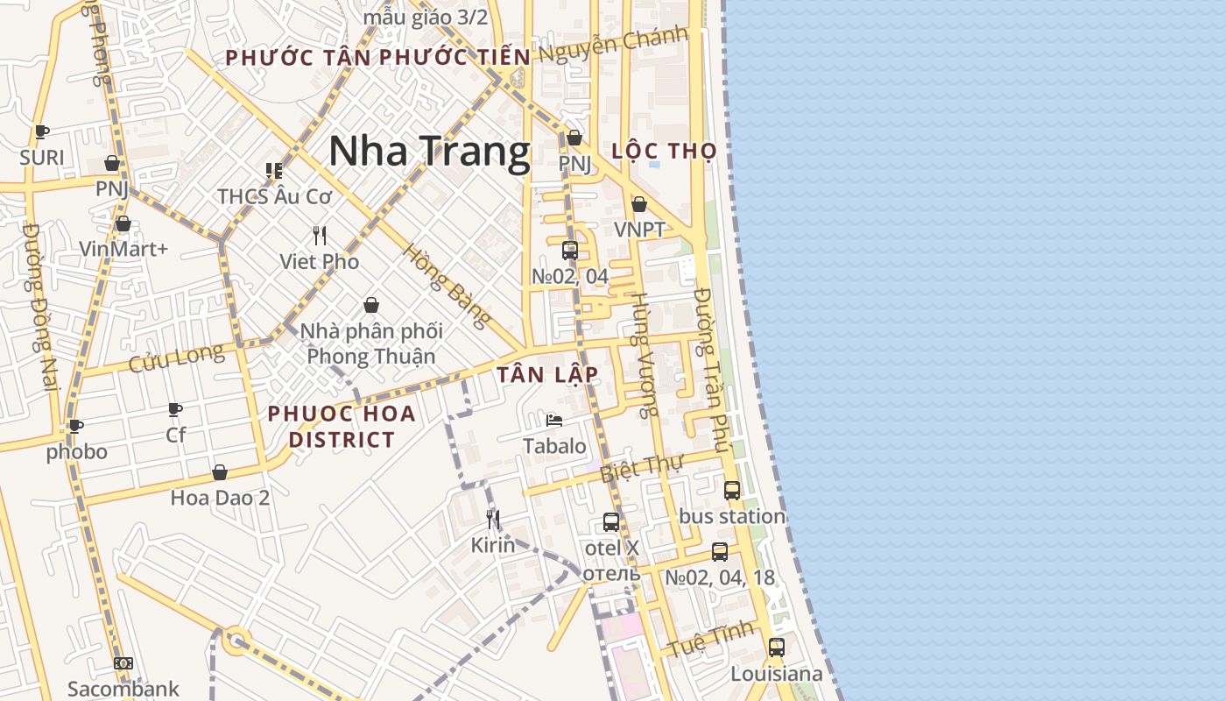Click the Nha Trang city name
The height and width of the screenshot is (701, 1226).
429,151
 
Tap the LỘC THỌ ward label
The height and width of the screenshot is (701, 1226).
664,151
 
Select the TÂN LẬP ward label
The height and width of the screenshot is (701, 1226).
548,375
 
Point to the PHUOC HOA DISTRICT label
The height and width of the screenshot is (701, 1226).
342,426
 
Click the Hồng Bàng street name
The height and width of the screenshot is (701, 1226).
446,286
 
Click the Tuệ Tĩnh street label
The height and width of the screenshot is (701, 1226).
710,640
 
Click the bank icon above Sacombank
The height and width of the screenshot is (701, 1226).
123,663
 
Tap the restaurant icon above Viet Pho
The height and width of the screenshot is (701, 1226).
320,236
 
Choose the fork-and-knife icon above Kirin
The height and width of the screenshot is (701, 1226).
493,520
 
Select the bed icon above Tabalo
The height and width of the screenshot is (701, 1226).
554,421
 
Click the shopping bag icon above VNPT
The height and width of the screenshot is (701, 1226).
639,204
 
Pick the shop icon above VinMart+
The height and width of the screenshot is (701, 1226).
123,223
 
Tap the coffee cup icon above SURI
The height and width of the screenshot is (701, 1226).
41,132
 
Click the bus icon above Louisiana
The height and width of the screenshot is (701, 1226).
777,648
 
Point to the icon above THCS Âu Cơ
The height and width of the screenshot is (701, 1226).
274,171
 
